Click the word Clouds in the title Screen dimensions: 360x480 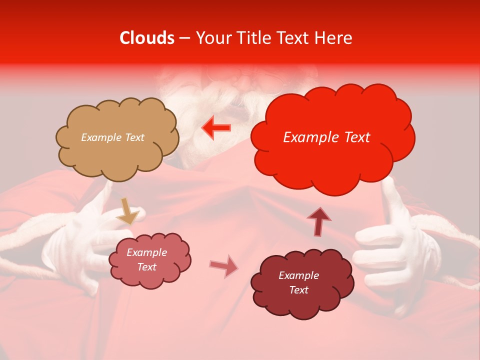pos(147,38)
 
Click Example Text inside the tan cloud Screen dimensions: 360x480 pos(112,137)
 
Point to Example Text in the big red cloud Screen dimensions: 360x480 pos(326,137)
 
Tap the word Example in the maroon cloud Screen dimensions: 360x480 pos(298,275)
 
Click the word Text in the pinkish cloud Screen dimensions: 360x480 pos(146,267)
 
